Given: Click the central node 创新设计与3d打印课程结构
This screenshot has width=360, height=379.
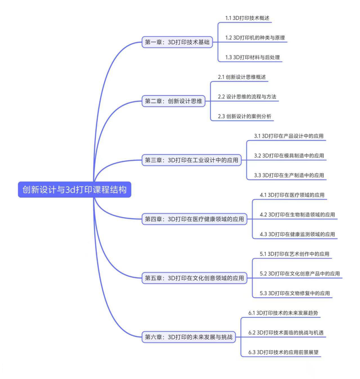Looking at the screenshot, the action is [x=74, y=189].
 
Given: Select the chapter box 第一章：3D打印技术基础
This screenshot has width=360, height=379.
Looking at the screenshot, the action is [x=177, y=42].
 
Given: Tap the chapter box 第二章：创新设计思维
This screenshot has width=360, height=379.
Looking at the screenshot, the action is [x=173, y=101].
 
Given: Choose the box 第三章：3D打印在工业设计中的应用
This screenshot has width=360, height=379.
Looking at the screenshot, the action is [x=191, y=160].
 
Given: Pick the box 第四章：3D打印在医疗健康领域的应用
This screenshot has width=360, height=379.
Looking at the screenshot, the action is [x=194, y=219].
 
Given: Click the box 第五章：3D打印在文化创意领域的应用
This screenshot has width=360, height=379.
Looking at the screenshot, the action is [x=194, y=278].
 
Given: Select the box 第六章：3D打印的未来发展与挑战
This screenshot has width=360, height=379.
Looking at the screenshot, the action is [x=189, y=337].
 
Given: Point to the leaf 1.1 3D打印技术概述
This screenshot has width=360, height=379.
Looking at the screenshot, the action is [x=247, y=18].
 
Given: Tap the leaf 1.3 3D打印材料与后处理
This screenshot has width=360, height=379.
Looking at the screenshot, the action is [x=253, y=57].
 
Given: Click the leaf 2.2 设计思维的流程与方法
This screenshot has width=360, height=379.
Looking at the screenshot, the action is [x=247, y=97].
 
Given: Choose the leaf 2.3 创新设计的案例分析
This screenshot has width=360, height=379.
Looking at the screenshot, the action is [x=245, y=116].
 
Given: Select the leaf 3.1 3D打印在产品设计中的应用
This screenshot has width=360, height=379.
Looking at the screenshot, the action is [x=289, y=136].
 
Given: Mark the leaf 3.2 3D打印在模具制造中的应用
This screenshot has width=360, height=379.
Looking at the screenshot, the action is [x=289, y=155].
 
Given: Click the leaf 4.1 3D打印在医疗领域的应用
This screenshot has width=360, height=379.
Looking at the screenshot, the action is [x=292, y=195].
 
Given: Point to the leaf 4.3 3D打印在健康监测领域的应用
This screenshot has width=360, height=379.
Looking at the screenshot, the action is [x=298, y=234].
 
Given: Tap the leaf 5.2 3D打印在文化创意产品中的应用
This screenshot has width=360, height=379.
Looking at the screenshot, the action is [x=300, y=273].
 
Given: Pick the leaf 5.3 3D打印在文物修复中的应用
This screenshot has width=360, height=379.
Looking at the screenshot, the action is [x=295, y=293].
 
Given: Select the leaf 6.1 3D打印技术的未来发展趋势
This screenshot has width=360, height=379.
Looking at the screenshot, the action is [x=283, y=313].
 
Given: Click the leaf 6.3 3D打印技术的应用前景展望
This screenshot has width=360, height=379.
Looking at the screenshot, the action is [x=284, y=352].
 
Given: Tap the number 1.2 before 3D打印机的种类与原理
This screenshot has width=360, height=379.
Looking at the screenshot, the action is [x=228, y=38].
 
